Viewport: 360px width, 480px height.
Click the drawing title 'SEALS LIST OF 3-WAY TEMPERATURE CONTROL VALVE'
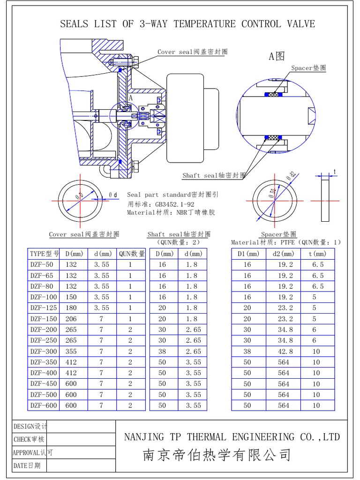point(187,24)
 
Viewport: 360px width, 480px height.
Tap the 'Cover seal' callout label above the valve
point(192,52)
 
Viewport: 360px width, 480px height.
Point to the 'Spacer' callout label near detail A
point(308,68)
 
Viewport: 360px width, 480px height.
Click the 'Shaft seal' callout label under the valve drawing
point(214,176)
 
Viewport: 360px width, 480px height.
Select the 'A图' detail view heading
point(277,57)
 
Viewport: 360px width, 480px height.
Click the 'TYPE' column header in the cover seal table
point(45,254)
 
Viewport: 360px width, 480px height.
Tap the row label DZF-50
point(42,264)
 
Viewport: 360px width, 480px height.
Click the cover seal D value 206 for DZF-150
point(71,319)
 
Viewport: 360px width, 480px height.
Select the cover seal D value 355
point(71,351)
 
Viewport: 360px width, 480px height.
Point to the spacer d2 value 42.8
point(284,351)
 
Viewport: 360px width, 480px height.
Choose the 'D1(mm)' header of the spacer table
point(247,254)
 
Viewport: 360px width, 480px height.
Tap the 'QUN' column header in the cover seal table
point(131,254)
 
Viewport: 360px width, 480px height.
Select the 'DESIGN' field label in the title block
point(30,427)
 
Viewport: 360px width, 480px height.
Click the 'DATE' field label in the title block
point(27,465)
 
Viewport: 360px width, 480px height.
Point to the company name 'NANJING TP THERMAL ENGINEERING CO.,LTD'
point(232,437)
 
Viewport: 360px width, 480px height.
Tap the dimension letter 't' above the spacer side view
point(335,172)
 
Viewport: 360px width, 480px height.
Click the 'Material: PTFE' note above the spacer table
point(262,242)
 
